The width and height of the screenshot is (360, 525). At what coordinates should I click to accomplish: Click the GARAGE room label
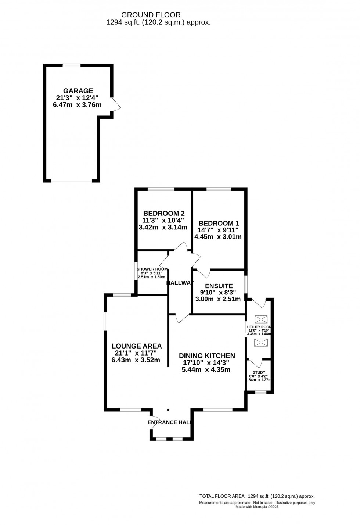(78, 91)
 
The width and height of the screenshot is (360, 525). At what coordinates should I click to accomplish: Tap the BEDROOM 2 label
(164, 213)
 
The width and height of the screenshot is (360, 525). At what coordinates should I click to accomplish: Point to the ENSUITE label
(219, 286)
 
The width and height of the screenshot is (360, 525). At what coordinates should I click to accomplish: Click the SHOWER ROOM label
(152, 269)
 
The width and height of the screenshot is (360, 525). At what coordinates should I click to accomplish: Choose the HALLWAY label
(180, 283)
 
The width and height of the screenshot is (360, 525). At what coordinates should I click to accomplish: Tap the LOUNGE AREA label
(136, 346)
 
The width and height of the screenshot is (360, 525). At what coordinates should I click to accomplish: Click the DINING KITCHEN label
(207, 356)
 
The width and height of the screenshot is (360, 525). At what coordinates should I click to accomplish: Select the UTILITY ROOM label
(259, 326)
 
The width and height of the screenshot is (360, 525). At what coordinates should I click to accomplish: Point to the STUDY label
(259, 372)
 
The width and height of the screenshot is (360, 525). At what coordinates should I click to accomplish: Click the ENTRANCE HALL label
(170, 422)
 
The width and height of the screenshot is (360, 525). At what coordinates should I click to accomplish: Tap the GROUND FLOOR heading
(151, 15)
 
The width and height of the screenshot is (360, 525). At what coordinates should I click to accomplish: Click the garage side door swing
(116, 104)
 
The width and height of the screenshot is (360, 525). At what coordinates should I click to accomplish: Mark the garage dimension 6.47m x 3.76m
(77, 105)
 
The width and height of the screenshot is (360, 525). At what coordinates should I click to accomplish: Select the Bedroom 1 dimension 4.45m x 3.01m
(218, 237)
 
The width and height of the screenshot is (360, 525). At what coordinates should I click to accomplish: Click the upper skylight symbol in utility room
(261, 319)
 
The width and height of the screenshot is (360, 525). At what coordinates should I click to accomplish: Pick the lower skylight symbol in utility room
(261, 343)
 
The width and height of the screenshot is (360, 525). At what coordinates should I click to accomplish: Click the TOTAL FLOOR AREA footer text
(257, 496)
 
